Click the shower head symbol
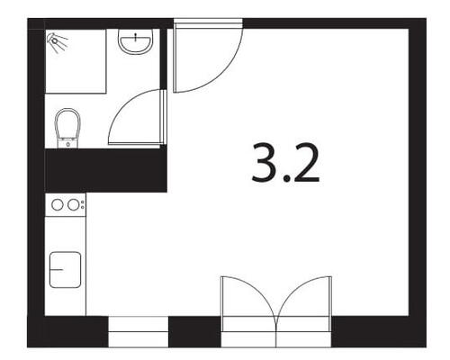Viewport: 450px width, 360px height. [x=57, y=42]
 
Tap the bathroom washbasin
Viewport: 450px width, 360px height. [x=136, y=41]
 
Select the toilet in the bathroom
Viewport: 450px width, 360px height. [x=67, y=128]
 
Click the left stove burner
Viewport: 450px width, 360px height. [x=58, y=205]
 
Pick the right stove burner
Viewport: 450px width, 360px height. [x=73, y=205]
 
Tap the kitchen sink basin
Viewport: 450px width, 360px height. [x=65, y=270]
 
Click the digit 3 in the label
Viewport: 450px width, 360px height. [x=264, y=163]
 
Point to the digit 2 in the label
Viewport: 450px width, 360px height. [x=307, y=163]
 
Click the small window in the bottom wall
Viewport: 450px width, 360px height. [x=138, y=331]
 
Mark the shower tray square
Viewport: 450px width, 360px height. [x=76, y=61]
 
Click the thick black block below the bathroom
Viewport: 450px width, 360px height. [x=105, y=170]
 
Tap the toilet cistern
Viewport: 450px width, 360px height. [x=67, y=143]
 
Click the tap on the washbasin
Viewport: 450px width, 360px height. [x=136, y=37]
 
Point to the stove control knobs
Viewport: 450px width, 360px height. [x=83, y=204]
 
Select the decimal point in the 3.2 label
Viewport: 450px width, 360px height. [x=287, y=179]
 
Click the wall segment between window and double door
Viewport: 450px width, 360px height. [x=194, y=331]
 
